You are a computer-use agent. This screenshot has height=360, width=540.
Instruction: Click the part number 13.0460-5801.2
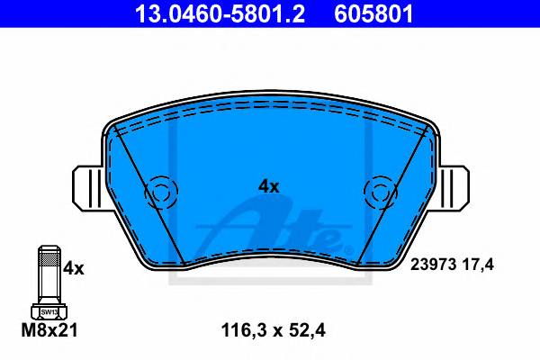(220, 13)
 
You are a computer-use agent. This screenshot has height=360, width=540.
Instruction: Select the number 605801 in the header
(373, 13)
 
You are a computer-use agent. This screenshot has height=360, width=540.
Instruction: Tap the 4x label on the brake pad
(268, 186)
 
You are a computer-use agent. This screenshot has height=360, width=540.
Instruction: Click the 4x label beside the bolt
(74, 268)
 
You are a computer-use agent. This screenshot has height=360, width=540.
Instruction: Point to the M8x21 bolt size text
(49, 330)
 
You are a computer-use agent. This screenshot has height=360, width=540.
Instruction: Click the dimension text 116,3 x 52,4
(273, 330)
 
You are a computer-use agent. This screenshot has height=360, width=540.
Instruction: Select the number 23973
(434, 265)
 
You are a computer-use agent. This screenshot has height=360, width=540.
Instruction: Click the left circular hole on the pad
(161, 193)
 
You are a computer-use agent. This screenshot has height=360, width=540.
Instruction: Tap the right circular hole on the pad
(381, 193)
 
